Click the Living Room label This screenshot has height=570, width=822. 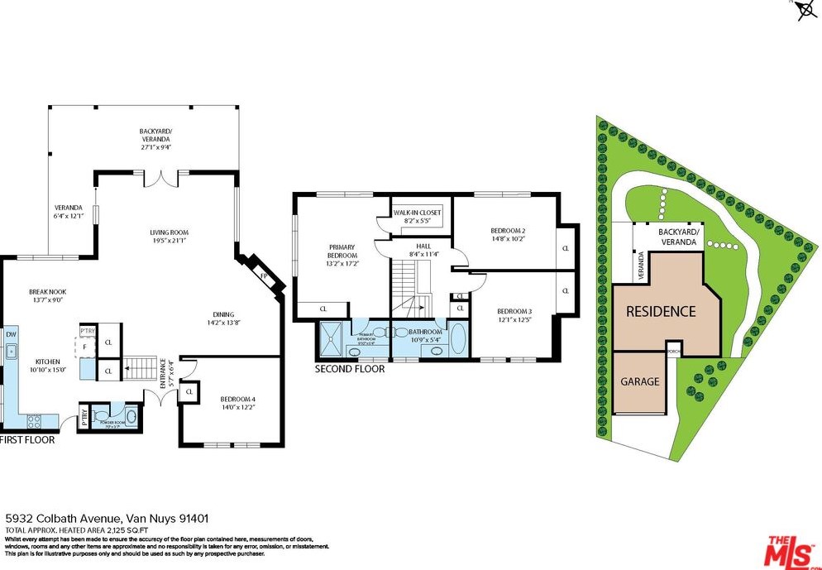click(169, 237)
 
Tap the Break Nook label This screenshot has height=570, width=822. click(47, 296)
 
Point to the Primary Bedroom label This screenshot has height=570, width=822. click(342, 256)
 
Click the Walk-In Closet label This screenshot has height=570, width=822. click(417, 217)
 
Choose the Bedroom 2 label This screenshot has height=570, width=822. click(508, 234)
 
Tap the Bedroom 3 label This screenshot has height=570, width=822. click(514, 315)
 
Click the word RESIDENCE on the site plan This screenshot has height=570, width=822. click(661, 312)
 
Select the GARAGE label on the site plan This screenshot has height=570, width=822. click(640, 381)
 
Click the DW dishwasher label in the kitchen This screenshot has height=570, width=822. click(11, 334)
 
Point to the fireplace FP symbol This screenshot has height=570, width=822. click(264, 275)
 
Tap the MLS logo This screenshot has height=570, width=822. click(790, 551)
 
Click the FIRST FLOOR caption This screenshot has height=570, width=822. click(27, 440)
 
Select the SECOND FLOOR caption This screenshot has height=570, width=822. click(350, 369)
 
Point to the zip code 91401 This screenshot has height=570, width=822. click(191, 518)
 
